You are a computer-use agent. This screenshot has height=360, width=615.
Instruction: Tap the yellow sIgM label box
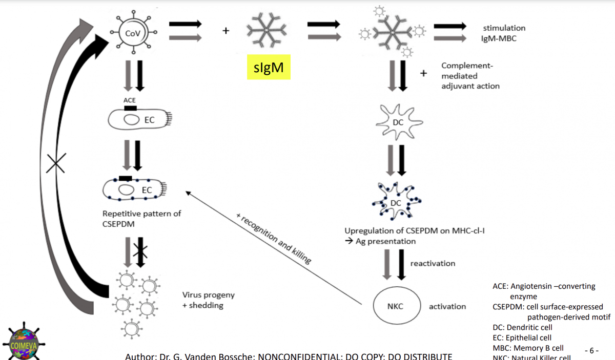pyautogui.click(x=269, y=67)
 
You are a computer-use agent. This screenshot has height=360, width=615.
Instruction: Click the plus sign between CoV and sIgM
pyautogui.click(x=225, y=31)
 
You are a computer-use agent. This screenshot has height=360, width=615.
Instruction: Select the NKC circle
pyautogui.click(x=395, y=306)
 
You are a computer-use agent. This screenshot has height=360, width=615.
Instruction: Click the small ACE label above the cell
pyautogui.click(x=130, y=100)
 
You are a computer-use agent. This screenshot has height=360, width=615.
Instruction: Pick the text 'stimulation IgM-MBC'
pyautogui.click(x=504, y=33)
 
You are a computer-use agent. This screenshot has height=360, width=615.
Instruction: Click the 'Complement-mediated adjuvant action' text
pyautogui.click(x=470, y=76)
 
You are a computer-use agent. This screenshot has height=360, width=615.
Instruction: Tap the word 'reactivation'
pyautogui.click(x=433, y=263)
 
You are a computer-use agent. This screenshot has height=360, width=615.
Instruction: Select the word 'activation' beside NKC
pyautogui.click(x=447, y=306)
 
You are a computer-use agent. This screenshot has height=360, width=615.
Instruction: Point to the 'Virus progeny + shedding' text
pyautogui.click(x=208, y=300)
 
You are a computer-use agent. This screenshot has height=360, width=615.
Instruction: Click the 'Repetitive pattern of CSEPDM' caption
pyautogui.click(x=141, y=218)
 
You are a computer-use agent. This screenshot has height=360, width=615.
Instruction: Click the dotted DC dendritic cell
pyautogui.click(x=396, y=202)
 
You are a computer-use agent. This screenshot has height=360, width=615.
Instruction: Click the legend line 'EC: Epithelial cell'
pyautogui.click(x=522, y=337)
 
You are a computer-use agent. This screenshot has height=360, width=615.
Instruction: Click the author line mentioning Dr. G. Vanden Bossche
pyautogui.click(x=289, y=356)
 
